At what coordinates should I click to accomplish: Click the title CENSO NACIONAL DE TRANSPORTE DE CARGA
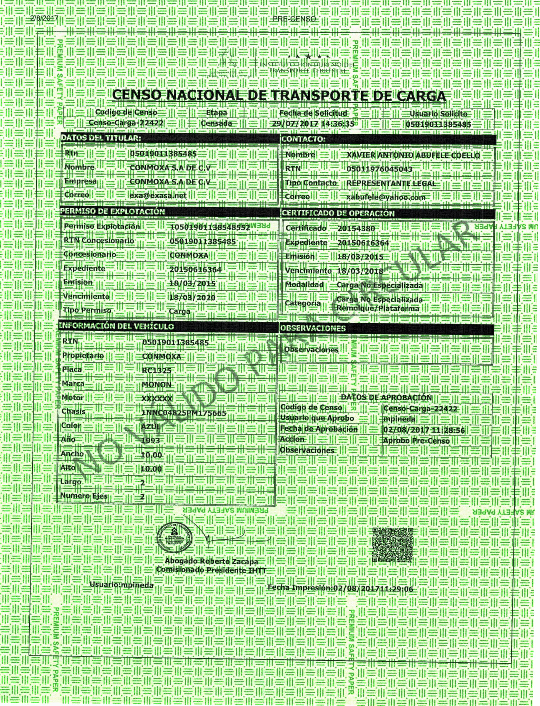pos(279,95)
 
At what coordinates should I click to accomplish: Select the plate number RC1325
pos(157,371)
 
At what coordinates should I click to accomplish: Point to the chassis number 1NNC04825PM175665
pos(184,413)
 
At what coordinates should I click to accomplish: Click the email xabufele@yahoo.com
pos(386,197)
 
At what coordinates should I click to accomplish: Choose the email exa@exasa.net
pos(158,195)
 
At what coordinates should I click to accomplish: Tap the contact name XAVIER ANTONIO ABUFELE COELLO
pos(413,155)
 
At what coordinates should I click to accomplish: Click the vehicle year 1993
pos(151,440)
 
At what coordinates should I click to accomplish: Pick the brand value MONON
pos(157,385)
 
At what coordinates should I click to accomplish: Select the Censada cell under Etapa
pos(216,123)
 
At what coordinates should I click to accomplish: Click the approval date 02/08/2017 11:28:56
pos(424,430)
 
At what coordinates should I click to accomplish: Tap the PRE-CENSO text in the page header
pos(294,19)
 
